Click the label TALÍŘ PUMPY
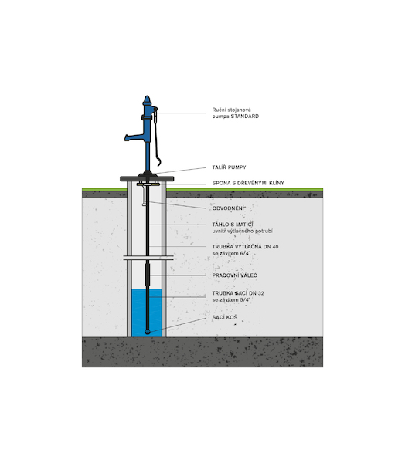pyautogui.click(x=229, y=167)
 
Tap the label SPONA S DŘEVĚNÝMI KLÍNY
pyautogui.click(x=248, y=183)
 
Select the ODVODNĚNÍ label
pyautogui.click(x=229, y=208)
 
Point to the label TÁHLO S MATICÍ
pyautogui.click(x=233, y=225)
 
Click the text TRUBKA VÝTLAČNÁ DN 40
pyautogui.click(x=245, y=247)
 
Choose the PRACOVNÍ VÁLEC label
pyautogui.click(x=234, y=275)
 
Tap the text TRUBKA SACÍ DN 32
pyautogui.click(x=238, y=293)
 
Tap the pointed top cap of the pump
pyautogui.click(x=147, y=100)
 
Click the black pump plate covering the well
pyautogui.click(x=147, y=179)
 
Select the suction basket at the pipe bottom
pyautogui.click(x=148, y=332)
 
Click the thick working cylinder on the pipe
pyautogui.click(x=147, y=274)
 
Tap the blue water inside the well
pyautogui.click(x=147, y=313)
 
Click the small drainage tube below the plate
pyautogui.click(x=144, y=195)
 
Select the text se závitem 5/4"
pyautogui.click(x=231, y=300)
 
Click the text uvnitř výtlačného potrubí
pyautogui.click(x=242, y=231)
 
